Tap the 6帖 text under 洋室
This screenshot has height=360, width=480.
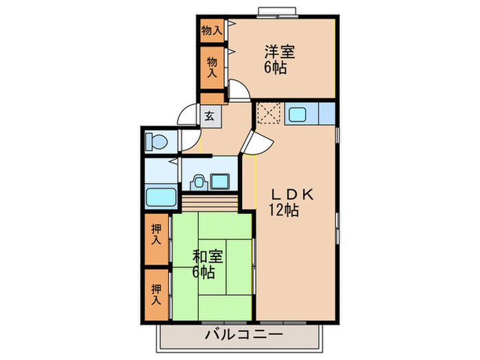[x=276, y=68]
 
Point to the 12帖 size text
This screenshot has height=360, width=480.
[x=283, y=211]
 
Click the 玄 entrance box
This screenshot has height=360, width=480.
[x=209, y=115]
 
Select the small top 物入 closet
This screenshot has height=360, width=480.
[x=211, y=30]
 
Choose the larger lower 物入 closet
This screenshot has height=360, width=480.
[x=212, y=67]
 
